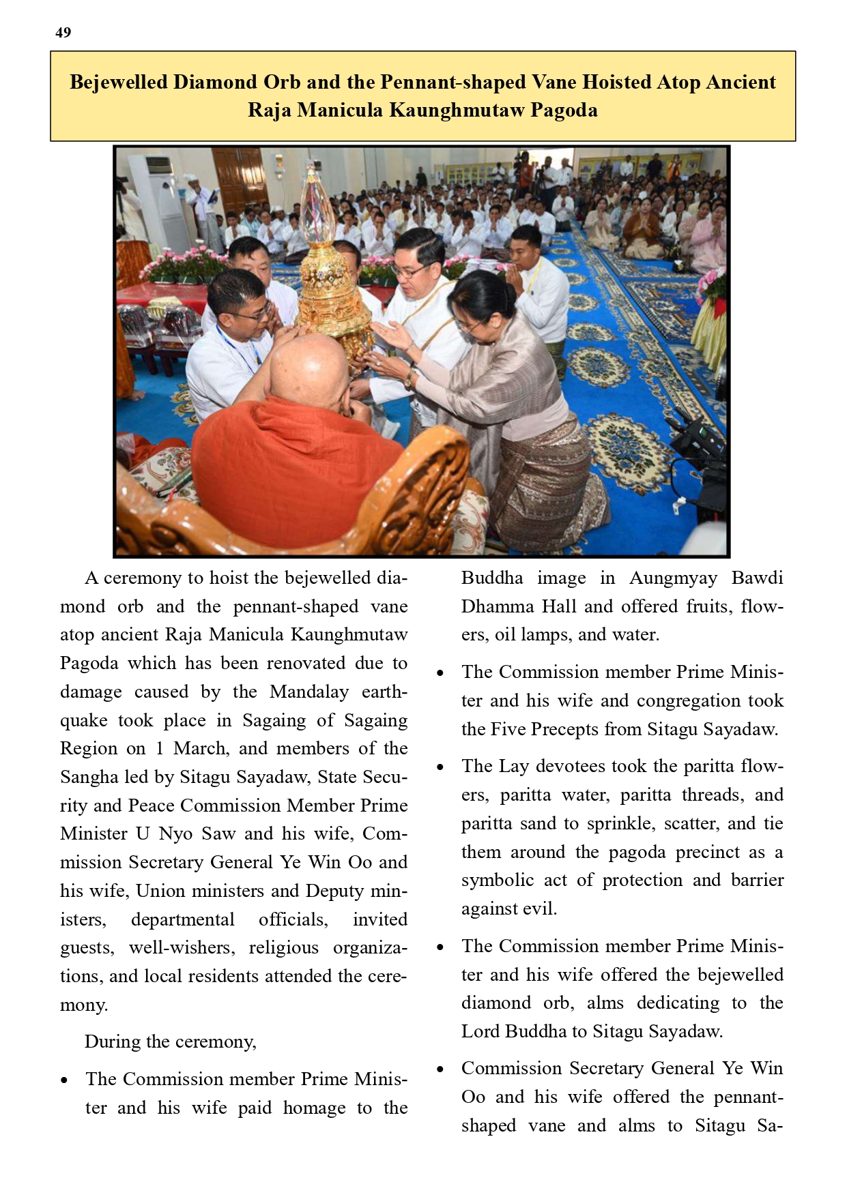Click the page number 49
(x=63, y=33)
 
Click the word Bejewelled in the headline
(x=118, y=83)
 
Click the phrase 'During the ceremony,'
(x=170, y=1042)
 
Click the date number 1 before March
(x=159, y=748)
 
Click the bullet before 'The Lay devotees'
(x=440, y=767)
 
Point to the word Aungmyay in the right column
(x=672, y=578)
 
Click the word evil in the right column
(x=540, y=909)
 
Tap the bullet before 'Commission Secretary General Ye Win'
(x=440, y=1069)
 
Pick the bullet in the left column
(x=64, y=1080)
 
